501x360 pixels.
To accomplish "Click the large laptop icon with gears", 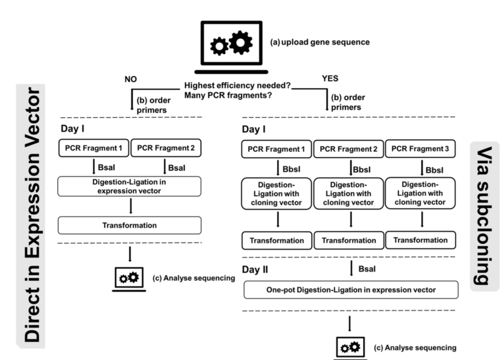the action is [231, 47].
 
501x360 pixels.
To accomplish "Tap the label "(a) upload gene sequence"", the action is [320, 42].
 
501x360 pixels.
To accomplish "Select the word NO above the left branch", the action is [131, 79].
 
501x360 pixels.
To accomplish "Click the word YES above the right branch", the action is [330, 79].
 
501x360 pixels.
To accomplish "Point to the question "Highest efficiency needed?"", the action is [237, 86].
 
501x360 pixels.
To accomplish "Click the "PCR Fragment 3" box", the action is [420, 149].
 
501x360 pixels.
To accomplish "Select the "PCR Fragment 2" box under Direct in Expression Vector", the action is [166, 148].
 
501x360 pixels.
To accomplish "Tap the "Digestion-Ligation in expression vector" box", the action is [129, 186].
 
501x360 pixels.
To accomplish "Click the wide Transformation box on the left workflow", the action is [129, 225].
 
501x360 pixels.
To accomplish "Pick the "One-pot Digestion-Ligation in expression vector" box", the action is [351, 290].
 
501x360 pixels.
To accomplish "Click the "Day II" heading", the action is [255, 269].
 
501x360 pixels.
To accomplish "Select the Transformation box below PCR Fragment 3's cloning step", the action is [420, 240].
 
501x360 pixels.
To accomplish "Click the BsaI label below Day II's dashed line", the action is [367, 269].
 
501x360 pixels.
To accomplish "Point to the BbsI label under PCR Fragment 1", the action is [292, 169].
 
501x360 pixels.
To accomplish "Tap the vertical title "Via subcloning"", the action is [484, 216].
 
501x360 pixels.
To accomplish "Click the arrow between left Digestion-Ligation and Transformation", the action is [131, 206].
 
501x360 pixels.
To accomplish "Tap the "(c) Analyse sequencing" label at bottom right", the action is [415, 347].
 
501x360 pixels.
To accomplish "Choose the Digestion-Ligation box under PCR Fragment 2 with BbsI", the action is [349, 194].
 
